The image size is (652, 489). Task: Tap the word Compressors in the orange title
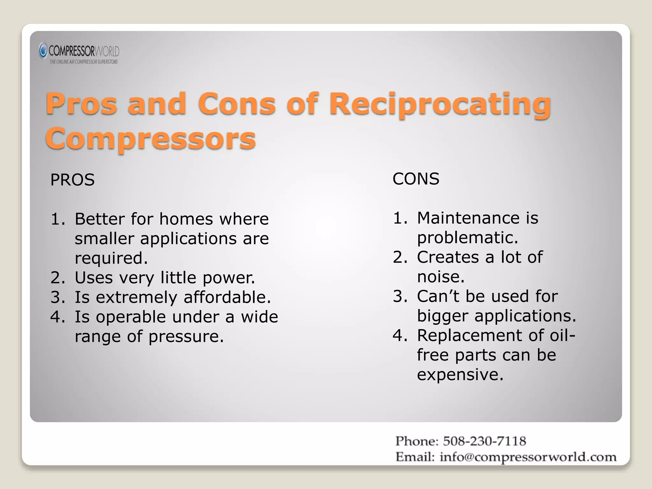coord(151,138)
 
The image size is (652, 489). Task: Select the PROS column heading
coord(72,180)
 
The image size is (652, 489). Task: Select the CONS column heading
coord(416,179)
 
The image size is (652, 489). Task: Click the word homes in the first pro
coord(186,219)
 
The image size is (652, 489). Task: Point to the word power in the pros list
coord(229,278)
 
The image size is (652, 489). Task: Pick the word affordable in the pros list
coord(227,297)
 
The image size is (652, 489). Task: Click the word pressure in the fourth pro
coord(186,337)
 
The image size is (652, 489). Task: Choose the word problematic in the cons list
coord(467,238)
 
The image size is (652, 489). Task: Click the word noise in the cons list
coord(441,277)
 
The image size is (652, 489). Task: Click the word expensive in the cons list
coord(460,375)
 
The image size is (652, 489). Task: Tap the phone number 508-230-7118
coord(484,441)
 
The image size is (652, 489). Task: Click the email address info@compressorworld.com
coord(528,457)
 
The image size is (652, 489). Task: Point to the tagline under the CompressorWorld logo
coord(84,62)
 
